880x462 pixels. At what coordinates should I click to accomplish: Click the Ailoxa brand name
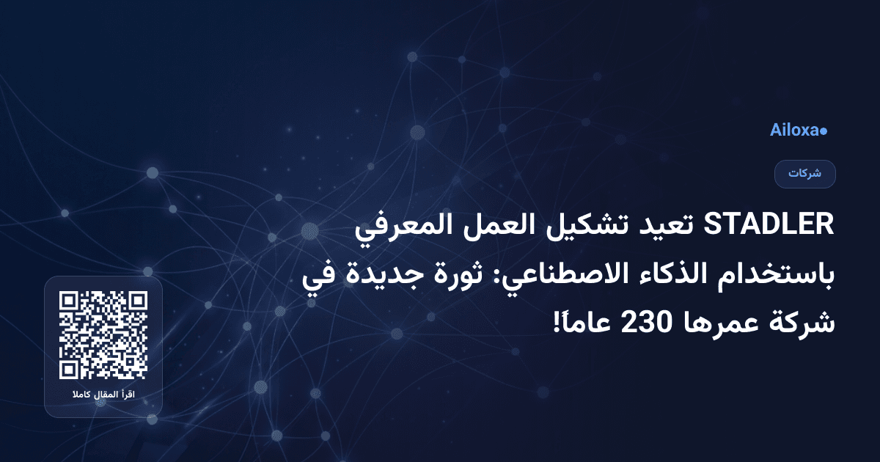coord(794,131)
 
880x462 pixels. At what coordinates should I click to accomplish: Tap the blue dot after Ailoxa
coord(824,131)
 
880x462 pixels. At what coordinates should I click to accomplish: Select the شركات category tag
coord(805,175)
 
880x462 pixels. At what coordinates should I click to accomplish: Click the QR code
coord(103,335)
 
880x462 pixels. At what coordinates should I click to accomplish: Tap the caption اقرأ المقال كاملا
coord(103,396)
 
